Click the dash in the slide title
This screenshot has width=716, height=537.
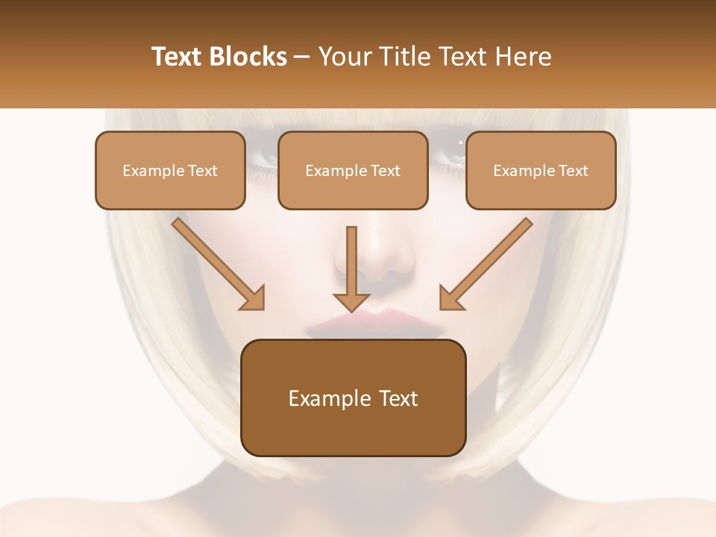(x=303, y=57)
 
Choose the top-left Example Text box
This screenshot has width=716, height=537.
(x=170, y=171)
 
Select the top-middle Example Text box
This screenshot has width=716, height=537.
(x=353, y=171)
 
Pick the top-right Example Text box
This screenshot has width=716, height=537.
(x=541, y=171)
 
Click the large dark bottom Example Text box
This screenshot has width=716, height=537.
(x=354, y=398)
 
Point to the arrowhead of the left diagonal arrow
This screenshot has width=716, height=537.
(x=254, y=299)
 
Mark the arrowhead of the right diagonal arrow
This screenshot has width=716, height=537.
(x=450, y=299)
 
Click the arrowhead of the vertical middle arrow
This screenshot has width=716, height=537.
(x=352, y=301)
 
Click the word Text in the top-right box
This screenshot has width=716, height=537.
(x=573, y=171)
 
